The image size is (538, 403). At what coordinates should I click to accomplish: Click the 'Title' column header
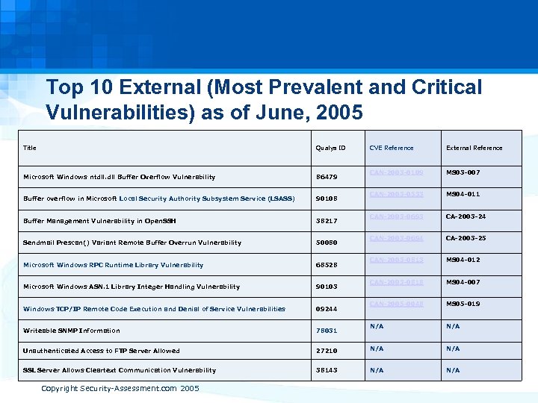pyautogui.click(x=30, y=148)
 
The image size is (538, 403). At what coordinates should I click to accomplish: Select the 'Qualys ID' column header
pyautogui.click(x=331, y=148)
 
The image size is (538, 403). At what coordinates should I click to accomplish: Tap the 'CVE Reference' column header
pyautogui.click(x=391, y=148)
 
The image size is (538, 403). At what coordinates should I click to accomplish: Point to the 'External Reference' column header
pyautogui.click(x=474, y=148)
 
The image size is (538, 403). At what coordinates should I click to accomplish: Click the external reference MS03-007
pyautogui.click(x=463, y=172)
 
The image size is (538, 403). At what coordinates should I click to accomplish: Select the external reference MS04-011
pyautogui.click(x=463, y=194)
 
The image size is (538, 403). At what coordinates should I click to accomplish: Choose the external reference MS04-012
pyautogui.click(x=463, y=260)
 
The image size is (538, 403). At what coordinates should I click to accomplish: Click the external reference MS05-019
pyautogui.click(x=463, y=304)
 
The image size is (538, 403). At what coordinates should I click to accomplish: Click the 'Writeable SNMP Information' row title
pyautogui.click(x=72, y=331)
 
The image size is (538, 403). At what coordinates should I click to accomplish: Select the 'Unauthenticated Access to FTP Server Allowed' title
pyautogui.click(x=102, y=351)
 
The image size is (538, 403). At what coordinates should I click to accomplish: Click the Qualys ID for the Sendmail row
pyautogui.click(x=327, y=243)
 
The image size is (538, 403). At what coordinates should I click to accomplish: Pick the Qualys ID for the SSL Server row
pyautogui.click(x=327, y=370)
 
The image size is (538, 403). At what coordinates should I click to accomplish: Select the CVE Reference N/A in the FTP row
pyautogui.click(x=377, y=349)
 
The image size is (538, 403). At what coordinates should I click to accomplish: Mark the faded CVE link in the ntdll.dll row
pyautogui.click(x=396, y=172)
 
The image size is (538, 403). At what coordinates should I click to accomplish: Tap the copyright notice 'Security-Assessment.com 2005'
pyautogui.click(x=120, y=389)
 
